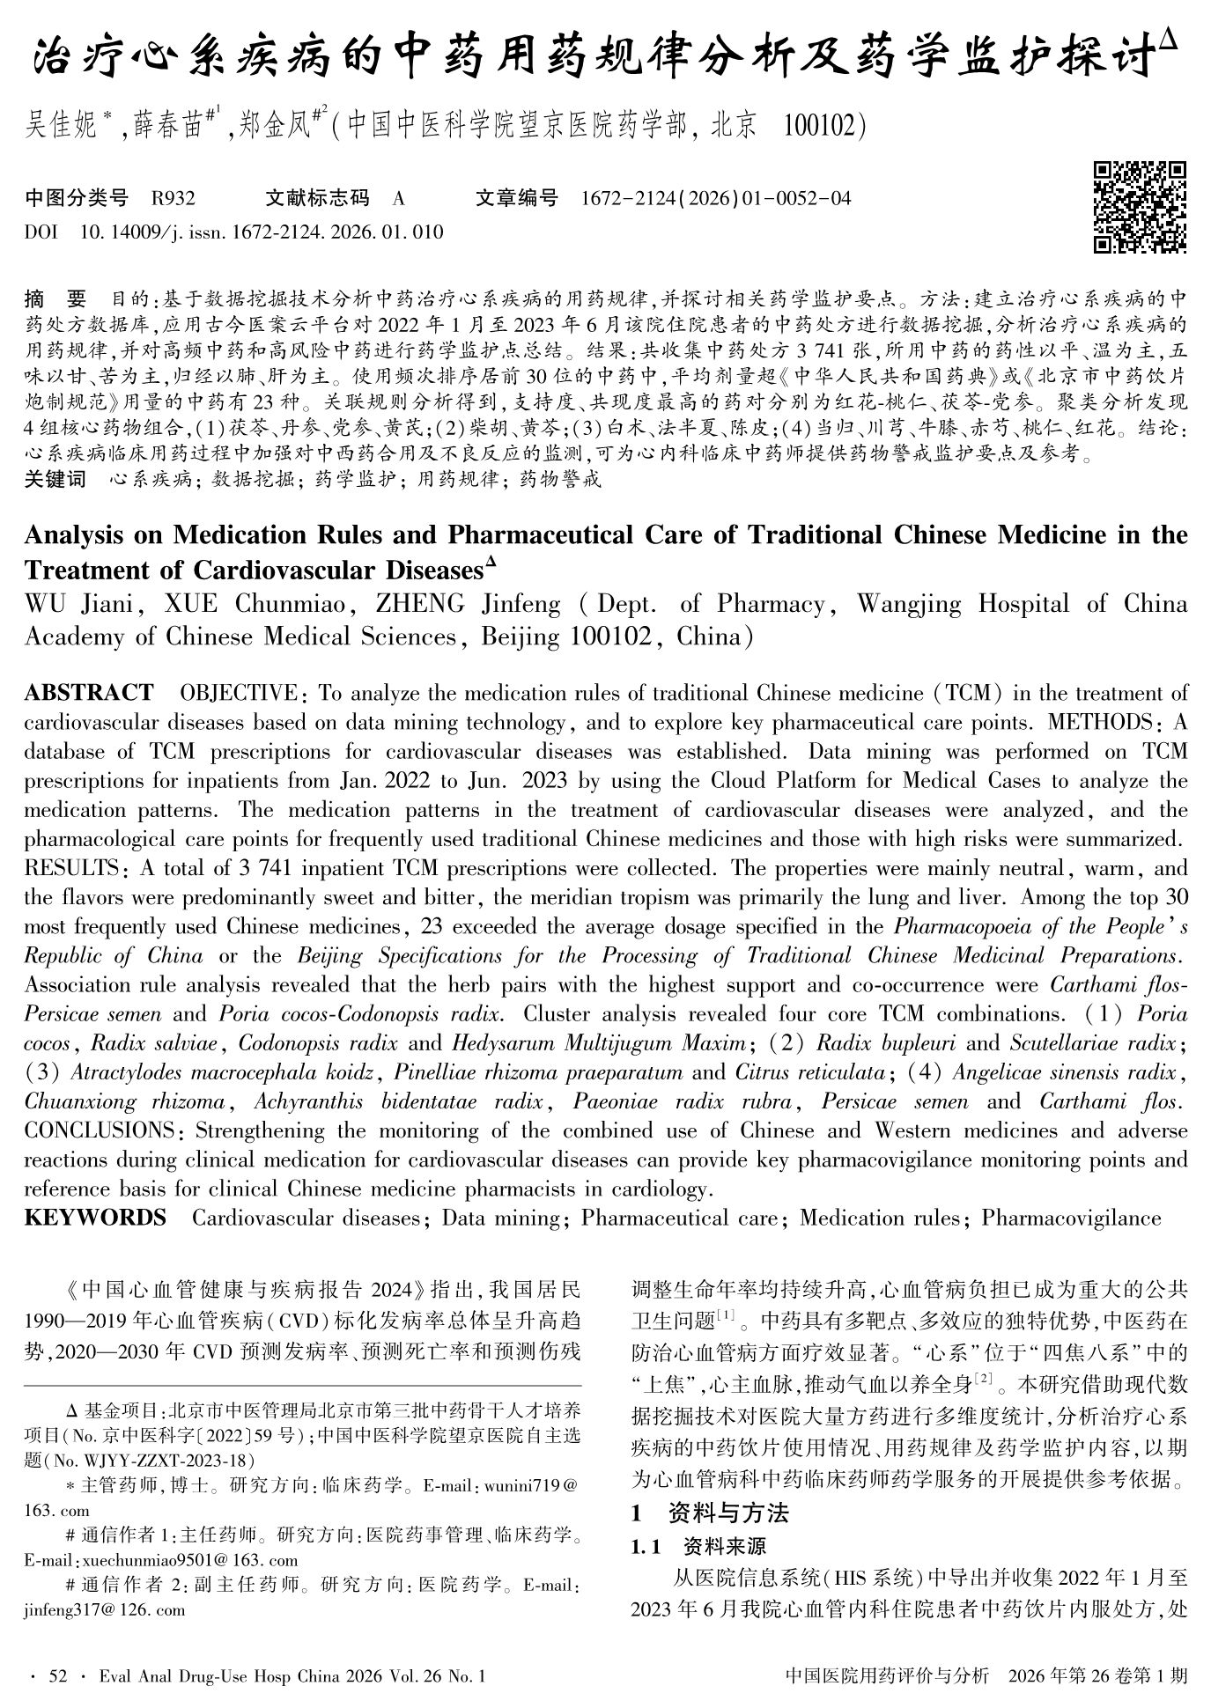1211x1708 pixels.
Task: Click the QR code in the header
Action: click(1139, 208)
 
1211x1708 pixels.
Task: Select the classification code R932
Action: click(173, 199)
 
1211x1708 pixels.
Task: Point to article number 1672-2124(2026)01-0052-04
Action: click(716, 199)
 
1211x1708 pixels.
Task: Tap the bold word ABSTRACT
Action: click(88, 693)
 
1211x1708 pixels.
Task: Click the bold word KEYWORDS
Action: click(95, 1218)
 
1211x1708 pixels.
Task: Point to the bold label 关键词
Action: click(55, 480)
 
